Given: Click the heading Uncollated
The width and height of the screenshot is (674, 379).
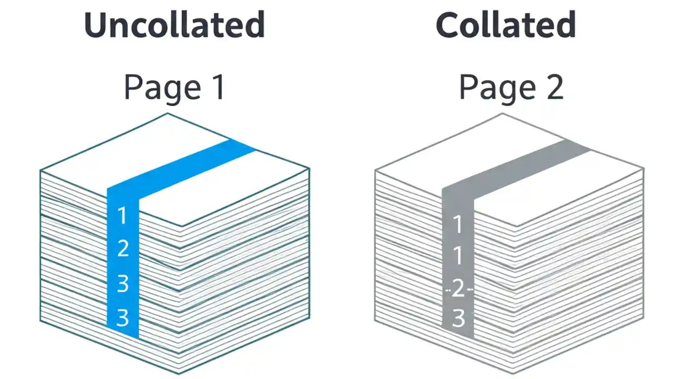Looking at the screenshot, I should click(174, 25).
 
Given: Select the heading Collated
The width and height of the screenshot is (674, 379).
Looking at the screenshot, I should click(506, 25).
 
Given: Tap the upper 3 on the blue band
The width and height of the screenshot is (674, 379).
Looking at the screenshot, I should click(122, 283).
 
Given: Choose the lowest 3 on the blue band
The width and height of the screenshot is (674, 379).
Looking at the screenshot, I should click(122, 317).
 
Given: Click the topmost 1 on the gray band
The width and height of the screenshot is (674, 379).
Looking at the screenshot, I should click(458, 224).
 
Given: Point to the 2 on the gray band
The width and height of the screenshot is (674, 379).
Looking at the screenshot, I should click(458, 288).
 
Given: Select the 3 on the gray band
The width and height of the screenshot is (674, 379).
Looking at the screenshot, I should click(458, 318).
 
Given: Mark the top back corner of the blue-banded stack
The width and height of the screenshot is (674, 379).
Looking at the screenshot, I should click(167, 114).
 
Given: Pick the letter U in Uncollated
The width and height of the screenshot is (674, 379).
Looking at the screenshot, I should click(96, 25).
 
